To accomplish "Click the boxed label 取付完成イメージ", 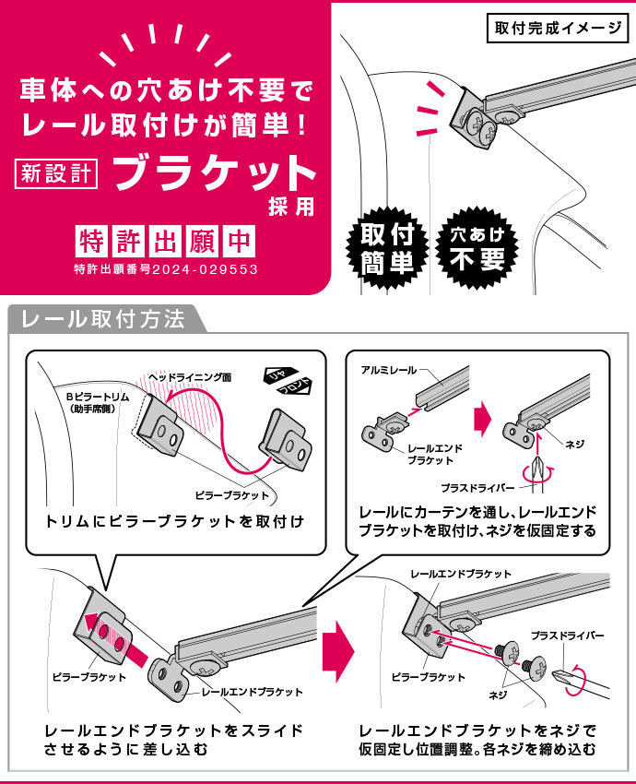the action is tap(557, 28).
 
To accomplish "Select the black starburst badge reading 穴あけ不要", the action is tap(477, 248).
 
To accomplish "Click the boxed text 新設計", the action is tap(56, 173).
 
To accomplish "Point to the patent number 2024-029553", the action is tap(205, 269).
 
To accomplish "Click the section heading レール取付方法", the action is tap(103, 319).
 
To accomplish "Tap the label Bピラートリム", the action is tap(98, 397).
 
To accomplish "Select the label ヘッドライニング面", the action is tap(190, 377).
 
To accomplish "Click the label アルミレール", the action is tap(388, 370).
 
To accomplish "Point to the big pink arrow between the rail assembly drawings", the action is tap(483, 418).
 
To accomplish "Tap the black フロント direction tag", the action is tap(295, 387).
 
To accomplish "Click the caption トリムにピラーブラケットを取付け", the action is tap(174, 521).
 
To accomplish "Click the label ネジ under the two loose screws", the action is tap(498, 695).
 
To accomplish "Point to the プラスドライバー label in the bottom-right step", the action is tap(567, 636).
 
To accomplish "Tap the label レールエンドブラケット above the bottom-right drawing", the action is tap(461, 574).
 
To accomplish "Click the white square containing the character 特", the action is tap(92, 242).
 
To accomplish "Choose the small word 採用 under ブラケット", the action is tap(291, 207).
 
